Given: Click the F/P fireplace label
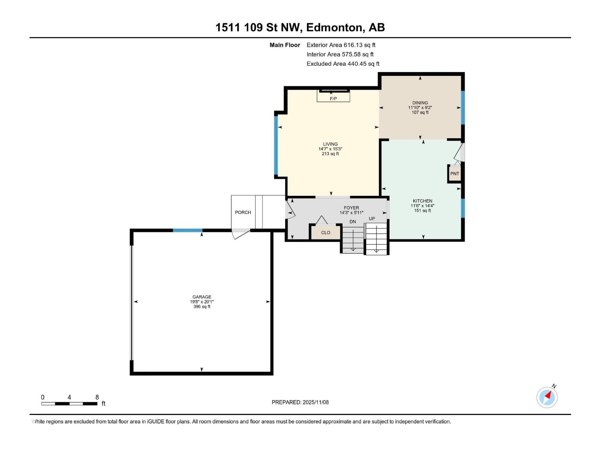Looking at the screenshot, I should [333, 99].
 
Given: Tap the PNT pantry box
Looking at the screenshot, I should [455, 174].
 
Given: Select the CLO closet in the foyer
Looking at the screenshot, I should [325, 233].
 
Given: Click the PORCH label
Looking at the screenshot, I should [243, 212].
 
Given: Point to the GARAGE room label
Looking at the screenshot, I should [202, 297].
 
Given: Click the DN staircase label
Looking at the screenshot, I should [352, 222].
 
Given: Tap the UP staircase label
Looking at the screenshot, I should [371, 219].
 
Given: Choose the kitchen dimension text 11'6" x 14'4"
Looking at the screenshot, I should [423, 206].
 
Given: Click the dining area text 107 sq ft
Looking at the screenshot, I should [420, 112].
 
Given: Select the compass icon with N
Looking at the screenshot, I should [547, 397].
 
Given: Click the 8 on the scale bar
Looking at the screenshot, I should [97, 397].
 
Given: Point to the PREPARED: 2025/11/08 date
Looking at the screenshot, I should [300, 402].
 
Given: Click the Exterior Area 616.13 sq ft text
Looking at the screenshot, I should [341, 45].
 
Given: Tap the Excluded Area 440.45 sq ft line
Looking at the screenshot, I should [343, 64].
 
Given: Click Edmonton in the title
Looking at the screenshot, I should [335, 27].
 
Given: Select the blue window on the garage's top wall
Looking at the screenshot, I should [187, 230].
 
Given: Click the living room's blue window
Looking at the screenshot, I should [276, 145].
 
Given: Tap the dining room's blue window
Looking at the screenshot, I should [463, 107].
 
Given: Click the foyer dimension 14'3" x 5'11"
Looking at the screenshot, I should [351, 213].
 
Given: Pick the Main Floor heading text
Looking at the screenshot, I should [285, 45].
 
